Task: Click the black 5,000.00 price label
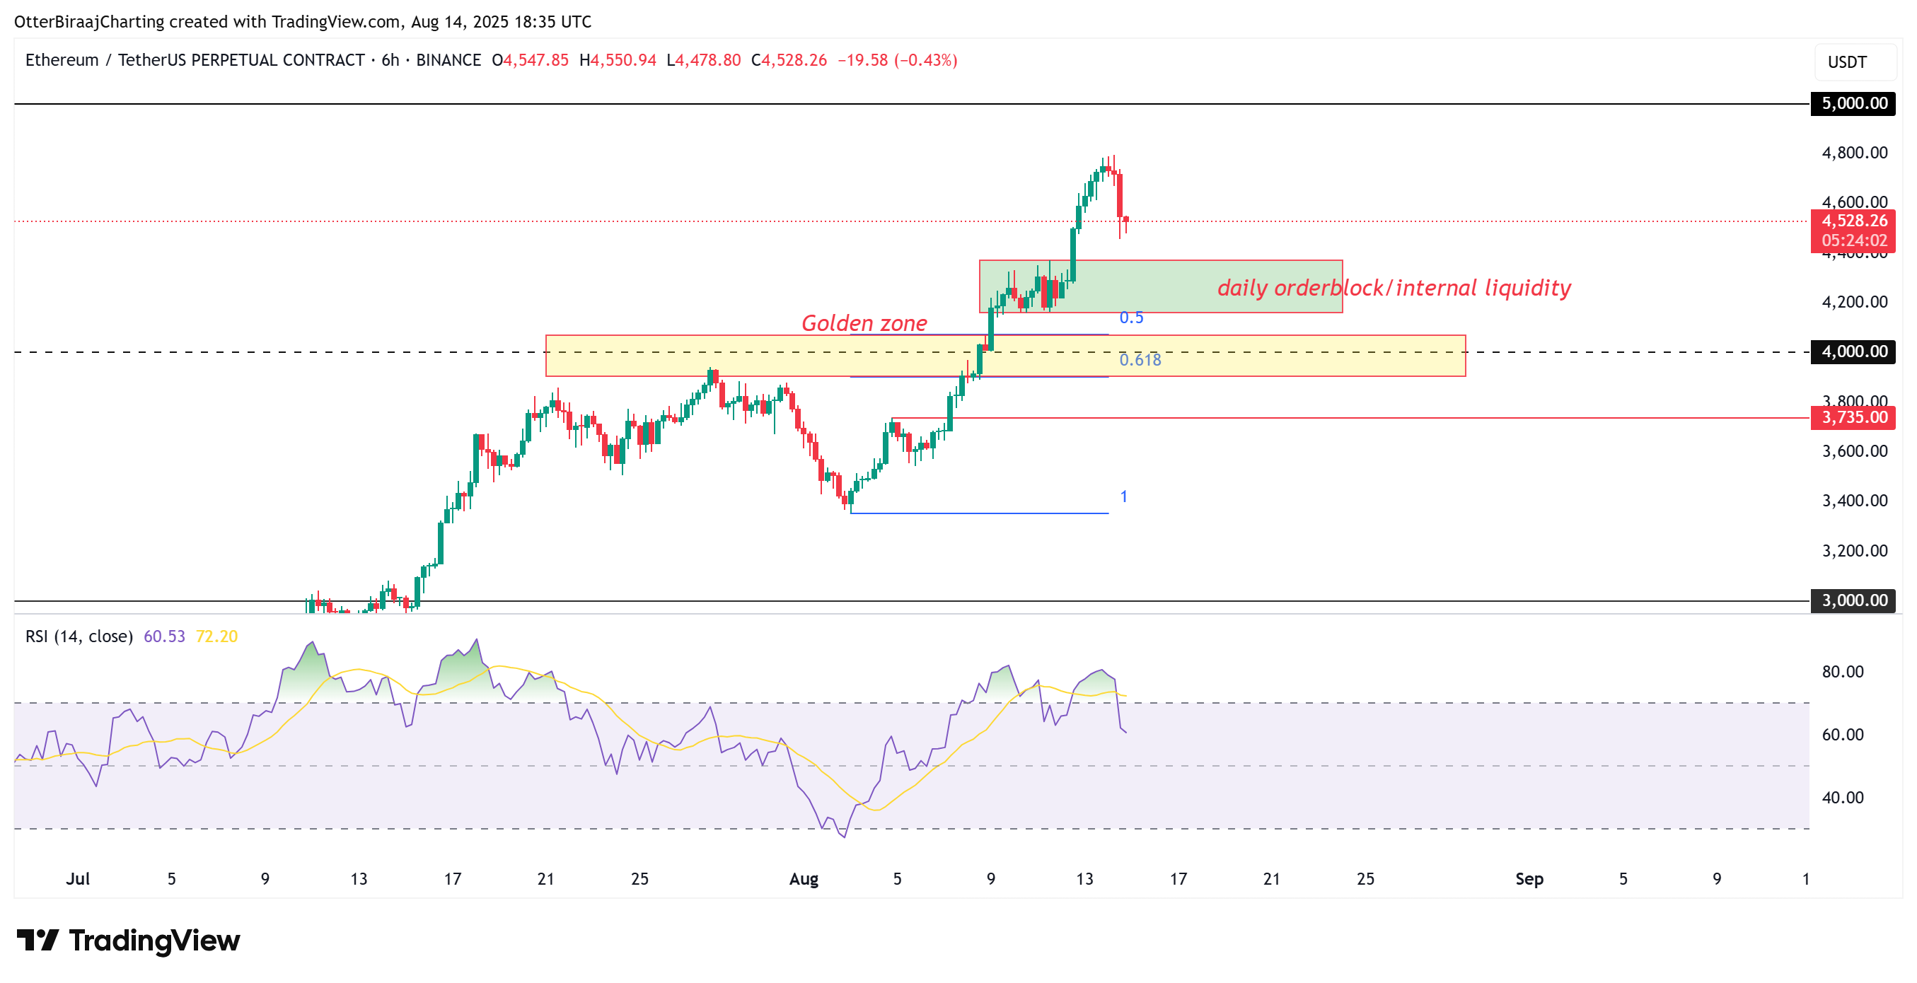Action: [1853, 103]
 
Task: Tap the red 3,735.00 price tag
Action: [1853, 417]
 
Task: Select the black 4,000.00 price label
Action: [1853, 351]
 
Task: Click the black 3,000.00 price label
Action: [1853, 600]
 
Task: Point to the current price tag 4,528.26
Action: [1853, 221]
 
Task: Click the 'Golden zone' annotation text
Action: [864, 323]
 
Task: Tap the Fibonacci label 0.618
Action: [1140, 360]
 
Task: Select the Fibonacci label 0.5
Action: [1131, 318]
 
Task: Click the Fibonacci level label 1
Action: [1124, 496]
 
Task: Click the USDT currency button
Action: [1847, 62]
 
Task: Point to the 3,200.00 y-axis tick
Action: [1855, 551]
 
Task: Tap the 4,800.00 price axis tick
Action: [1855, 153]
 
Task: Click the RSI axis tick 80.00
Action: [1843, 672]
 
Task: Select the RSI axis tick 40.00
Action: [1843, 798]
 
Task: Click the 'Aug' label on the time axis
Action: [804, 879]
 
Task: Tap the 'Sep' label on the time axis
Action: [1529, 879]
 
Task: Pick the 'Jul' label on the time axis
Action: [77, 879]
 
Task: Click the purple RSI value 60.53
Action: [163, 636]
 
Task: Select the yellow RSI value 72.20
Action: [216, 636]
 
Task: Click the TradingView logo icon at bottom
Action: [37, 941]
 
